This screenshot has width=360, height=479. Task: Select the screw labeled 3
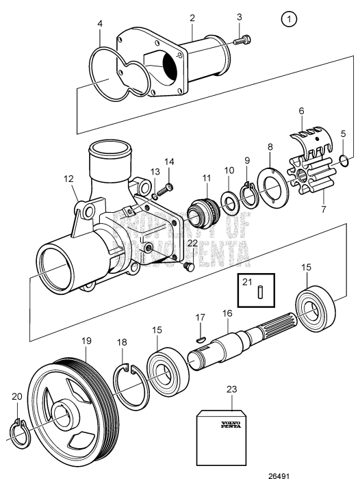point(244,40)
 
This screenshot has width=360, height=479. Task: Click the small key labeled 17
point(200,337)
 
